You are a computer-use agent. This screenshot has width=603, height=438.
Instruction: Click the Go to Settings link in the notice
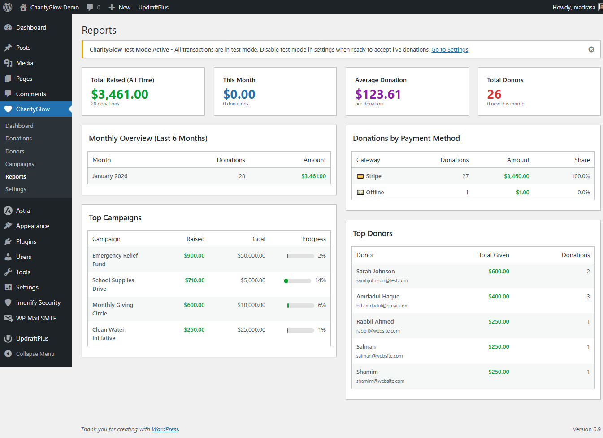(x=449, y=50)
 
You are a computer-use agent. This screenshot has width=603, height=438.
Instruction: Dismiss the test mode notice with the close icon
(x=591, y=49)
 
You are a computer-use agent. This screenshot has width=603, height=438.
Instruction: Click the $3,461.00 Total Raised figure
(x=119, y=94)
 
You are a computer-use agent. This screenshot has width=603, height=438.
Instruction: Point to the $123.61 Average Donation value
(x=377, y=94)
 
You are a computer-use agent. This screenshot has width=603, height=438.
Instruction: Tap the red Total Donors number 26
(x=494, y=94)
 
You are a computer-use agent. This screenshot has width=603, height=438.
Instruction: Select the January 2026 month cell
(x=110, y=176)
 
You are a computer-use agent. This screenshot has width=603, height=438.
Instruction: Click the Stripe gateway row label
(x=373, y=176)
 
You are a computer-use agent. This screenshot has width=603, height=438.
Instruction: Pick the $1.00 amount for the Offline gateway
(x=522, y=193)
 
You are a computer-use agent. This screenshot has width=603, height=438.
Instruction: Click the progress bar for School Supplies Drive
(x=298, y=281)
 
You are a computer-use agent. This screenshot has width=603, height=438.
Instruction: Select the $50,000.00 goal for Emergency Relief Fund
(x=251, y=256)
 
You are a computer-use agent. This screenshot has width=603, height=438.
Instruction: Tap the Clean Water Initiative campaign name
(x=108, y=334)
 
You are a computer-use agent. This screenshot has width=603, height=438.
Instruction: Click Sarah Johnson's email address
(x=382, y=281)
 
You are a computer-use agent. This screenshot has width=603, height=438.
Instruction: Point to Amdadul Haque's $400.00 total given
(x=499, y=297)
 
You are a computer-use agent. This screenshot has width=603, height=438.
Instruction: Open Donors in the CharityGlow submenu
(x=15, y=152)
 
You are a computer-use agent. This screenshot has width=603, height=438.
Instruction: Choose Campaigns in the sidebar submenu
(x=20, y=164)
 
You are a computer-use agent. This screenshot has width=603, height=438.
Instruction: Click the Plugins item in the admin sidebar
(x=26, y=242)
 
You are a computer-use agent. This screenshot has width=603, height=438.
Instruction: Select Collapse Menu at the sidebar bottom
(x=35, y=354)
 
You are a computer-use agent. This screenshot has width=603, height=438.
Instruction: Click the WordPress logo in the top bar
(x=8, y=7)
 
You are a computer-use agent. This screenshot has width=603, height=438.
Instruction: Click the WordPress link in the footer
(x=165, y=429)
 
